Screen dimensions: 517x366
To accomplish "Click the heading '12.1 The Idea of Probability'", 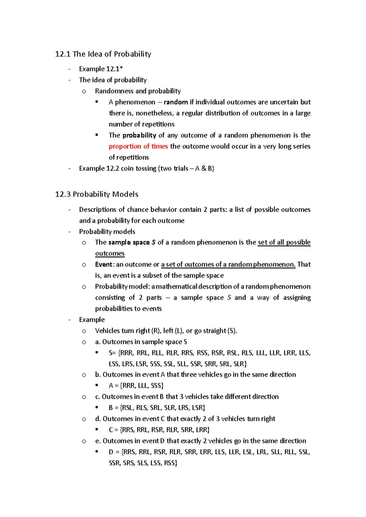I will (x=103, y=54).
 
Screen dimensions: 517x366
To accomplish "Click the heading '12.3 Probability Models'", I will (x=97, y=194).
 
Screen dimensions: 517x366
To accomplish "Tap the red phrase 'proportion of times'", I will (x=138, y=146).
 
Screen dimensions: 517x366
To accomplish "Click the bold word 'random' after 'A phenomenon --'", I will (x=176, y=102).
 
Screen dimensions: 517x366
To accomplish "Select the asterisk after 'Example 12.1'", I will (x=121, y=68).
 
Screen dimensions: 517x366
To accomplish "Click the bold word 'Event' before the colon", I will (x=103, y=265).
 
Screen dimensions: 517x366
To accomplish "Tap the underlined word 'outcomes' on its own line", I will (x=110, y=254).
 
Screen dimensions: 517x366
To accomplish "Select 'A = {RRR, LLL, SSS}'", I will (x=136, y=386).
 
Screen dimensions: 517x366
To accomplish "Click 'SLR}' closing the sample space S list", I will (x=240, y=364).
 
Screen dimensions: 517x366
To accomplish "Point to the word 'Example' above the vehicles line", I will (x=92, y=320).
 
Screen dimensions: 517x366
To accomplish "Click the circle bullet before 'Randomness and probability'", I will (x=84, y=91).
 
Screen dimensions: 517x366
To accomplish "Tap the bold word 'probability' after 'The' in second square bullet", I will (x=139, y=135).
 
